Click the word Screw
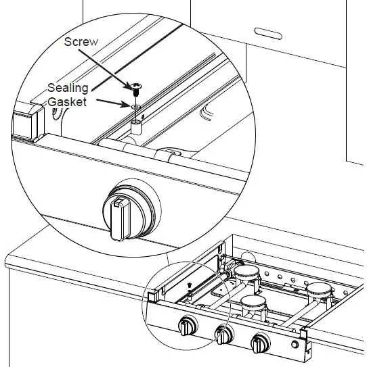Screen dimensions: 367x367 (81, 42)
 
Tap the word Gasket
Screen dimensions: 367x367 (67, 102)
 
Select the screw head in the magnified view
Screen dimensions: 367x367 (137, 87)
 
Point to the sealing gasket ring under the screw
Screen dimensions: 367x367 (136, 106)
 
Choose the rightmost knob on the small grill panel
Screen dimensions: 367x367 (258, 343)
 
